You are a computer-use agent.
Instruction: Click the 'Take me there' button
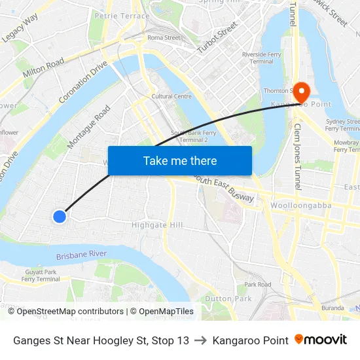pos(179,160)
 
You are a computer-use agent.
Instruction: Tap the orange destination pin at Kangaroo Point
pos(301,92)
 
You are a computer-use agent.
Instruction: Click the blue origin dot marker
pos(60,216)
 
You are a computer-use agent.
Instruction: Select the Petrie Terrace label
pos(122,15)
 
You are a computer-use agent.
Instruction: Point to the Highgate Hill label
pos(157,225)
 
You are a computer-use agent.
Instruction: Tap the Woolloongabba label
pos(300,206)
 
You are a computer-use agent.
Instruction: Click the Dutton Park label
pos(228,298)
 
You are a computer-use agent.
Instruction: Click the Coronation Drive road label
pos(83,82)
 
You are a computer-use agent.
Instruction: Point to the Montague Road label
pos(89,127)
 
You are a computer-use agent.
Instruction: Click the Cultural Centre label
pos(171,96)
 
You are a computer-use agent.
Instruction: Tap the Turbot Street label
pos(217,38)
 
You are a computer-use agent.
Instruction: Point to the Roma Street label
pos(164,38)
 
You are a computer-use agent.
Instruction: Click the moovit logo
pos(321,340)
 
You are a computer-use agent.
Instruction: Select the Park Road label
pos(257,285)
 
